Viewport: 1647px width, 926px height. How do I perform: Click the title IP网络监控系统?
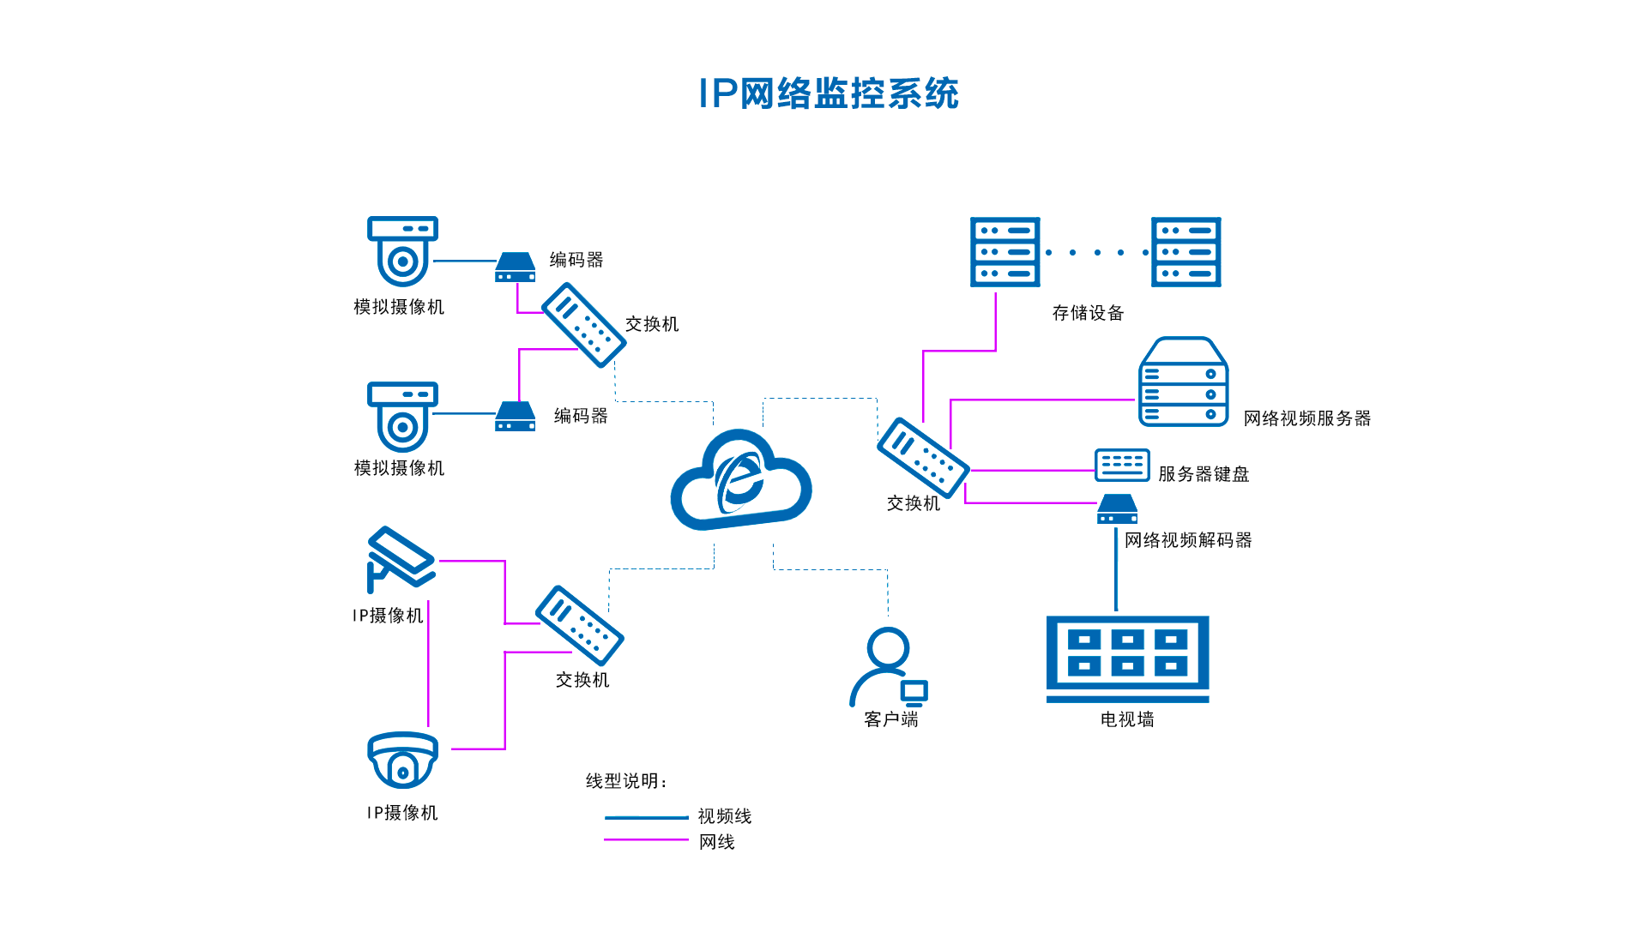[x=828, y=93]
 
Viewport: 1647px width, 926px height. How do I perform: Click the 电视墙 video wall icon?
[x=1127, y=657]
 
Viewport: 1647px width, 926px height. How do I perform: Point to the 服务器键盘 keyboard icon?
[x=1121, y=465]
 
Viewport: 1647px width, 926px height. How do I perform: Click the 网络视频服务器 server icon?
[x=1183, y=382]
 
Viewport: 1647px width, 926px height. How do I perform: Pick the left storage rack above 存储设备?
[x=1004, y=251]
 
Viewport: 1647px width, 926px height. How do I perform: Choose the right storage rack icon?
[x=1185, y=251]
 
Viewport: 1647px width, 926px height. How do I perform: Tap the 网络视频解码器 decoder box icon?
[x=1117, y=509]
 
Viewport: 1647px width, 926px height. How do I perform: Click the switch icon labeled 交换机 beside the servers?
[x=923, y=457]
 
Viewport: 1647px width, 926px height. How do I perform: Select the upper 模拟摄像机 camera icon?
[x=402, y=250]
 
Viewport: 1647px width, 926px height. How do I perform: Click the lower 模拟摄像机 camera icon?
[x=402, y=416]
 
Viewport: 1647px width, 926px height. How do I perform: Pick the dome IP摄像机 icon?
[x=402, y=760]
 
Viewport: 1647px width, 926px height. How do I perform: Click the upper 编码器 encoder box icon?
[x=515, y=268]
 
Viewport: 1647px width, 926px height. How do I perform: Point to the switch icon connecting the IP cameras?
[x=579, y=625]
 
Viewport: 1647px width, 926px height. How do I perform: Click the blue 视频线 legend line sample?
[x=646, y=817]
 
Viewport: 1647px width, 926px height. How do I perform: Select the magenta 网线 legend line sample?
[x=646, y=839]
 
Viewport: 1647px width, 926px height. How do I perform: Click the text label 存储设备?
[x=1088, y=313]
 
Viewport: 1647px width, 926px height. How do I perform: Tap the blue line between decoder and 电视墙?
[x=1115, y=570]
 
